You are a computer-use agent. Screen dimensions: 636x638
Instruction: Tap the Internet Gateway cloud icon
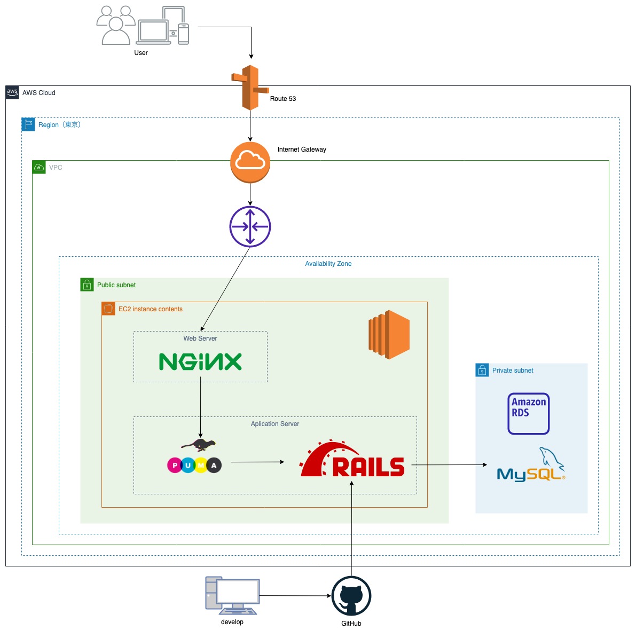pyautogui.click(x=250, y=162)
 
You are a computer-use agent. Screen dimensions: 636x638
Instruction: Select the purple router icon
pyautogui.click(x=250, y=226)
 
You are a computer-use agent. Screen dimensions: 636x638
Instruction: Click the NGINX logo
pyautogui.click(x=200, y=362)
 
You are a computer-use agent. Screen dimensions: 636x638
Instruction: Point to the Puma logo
pyautogui.click(x=194, y=456)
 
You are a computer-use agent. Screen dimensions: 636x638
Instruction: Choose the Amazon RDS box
pyautogui.click(x=529, y=413)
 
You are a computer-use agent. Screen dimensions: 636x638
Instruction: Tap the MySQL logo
pyautogui.click(x=531, y=464)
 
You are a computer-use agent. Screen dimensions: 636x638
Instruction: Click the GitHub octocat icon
pyautogui.click(x=351, y=596)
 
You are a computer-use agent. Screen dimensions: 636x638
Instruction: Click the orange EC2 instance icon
pyautogui.click(x=389, y=334)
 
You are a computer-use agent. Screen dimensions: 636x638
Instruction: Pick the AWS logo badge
pyautogui.click(x=12, y=92)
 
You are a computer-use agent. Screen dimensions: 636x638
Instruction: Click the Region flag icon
pyautogui.click(x=28, y=124)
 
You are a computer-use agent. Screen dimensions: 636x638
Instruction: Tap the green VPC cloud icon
pyautogui.click(x=39, y=167)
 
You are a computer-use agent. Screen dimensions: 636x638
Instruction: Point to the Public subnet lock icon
pyautogui.click(x=87, y=285)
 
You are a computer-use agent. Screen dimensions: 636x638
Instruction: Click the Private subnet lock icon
pyautogui.click(x=482, y=371)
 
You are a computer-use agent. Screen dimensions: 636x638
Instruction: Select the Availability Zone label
pyautogui.click(x=328, y=264)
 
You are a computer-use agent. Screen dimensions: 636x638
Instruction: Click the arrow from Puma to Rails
pyautogui.click(x=257, y=462)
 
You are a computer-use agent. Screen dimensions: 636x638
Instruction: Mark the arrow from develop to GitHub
pyautogui.click(x=295, y=596)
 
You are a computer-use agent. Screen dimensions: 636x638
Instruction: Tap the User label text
pyautogui.click(x=141, y=53)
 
